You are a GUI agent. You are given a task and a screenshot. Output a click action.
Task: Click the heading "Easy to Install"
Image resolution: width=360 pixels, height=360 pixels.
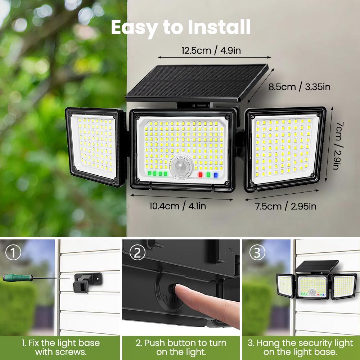tap(180, 27)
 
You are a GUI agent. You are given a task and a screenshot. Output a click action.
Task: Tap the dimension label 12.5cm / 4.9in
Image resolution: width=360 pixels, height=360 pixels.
tap(211, 50)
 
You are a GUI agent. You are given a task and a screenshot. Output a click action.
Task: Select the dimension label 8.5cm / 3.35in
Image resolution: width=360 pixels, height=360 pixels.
tap(300, 87)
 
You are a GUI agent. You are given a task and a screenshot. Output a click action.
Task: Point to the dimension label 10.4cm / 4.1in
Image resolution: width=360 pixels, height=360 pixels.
tap(178, 206)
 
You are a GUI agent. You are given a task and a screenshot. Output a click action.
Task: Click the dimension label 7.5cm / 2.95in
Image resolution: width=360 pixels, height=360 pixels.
tap(286, 206)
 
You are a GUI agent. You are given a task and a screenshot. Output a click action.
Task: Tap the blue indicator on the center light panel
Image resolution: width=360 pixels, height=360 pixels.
tap(216, 175)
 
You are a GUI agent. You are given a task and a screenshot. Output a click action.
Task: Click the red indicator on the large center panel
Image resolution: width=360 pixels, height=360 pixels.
tap(201, 175)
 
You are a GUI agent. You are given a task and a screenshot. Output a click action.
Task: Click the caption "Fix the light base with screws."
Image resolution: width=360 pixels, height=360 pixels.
tap(60, 347)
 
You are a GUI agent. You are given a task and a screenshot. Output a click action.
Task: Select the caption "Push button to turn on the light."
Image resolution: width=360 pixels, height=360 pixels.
tap(181, 347)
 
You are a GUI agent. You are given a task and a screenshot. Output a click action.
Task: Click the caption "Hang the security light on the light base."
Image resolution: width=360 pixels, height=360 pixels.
tap(300, 347)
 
